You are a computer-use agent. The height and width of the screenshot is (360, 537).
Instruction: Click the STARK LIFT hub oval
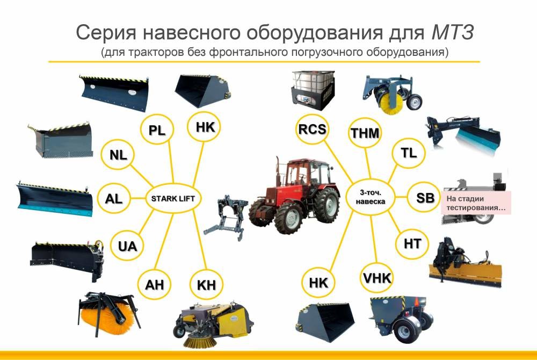pyautogui.click(x=173, y=198)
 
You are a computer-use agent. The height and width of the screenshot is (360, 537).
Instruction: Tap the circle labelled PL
pyautogui.click(x=157, y=130)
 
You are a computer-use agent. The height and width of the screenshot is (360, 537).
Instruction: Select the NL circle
pyautogui.click(x=118, y=155)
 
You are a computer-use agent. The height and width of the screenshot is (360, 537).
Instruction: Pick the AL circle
pyautogui.click(x=114, y=198)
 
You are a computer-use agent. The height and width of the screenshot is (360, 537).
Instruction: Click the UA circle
pyautogui.click(x=127, y=246)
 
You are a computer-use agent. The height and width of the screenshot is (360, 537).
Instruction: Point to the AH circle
pyautogui.click(x=155, y=284)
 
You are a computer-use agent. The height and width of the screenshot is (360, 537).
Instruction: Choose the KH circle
pyautogui.click(x=207, y=285)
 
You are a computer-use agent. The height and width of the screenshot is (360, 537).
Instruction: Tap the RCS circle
pyautogui.click(x=313, y=129)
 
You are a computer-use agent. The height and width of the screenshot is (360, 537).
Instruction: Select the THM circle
pyautogui.click(x=365, y=133)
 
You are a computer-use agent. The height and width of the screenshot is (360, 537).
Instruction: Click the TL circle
pyautogui.click(x=409, y=153)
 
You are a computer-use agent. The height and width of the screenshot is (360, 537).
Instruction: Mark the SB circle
pyautogui.click(x=425, y=197)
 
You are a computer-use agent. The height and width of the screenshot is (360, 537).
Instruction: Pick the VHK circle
pyautogui.click(x=377, y=278)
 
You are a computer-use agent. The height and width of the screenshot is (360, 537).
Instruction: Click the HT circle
pyautogui.click(x=412, y=243)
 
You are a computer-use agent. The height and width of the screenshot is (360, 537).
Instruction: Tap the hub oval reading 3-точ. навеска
pyautogui.click(x=370, y=197)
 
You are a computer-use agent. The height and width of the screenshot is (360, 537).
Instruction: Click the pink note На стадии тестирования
pyautogui.click(x=476, y=203)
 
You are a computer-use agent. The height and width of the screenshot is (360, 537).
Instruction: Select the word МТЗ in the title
pyautogui.click(x=453, y=33)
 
